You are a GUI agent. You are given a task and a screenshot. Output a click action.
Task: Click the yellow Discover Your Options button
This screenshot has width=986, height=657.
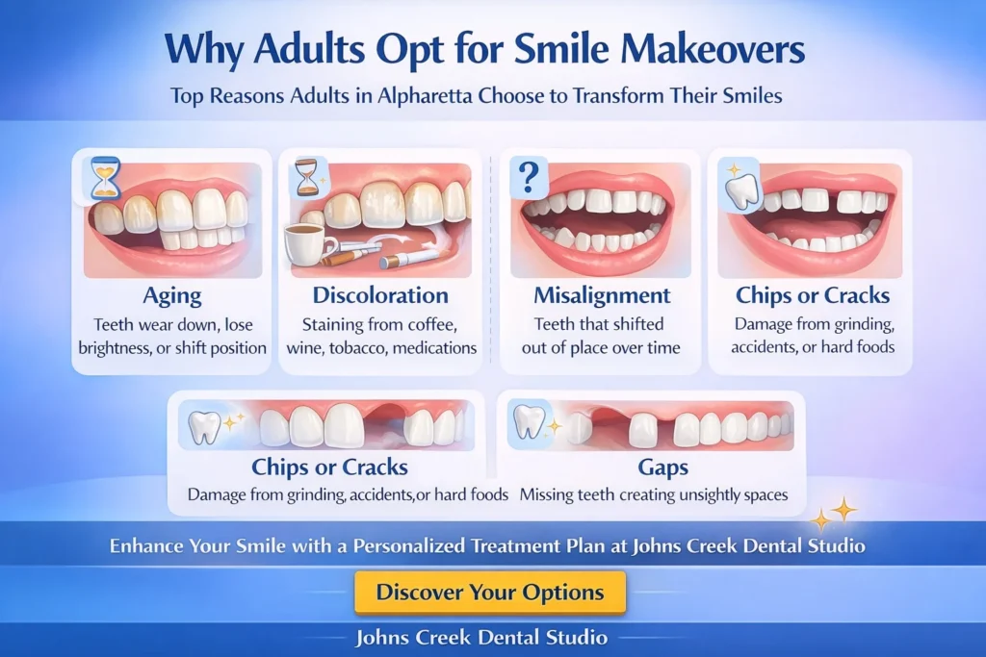click(x=490, y=592)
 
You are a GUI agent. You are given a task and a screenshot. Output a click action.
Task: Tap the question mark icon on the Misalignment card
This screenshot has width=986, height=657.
click(x=530, y=178)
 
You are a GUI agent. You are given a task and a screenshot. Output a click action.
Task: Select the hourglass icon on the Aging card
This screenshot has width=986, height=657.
click(x=105, y=178)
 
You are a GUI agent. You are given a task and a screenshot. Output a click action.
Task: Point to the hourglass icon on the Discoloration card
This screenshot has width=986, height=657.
click(x=308, y=176)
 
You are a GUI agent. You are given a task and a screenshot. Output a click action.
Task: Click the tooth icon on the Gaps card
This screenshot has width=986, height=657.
click(x=529, y=421)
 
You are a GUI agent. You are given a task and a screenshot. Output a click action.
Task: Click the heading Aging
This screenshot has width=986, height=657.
click(x=172, y=296)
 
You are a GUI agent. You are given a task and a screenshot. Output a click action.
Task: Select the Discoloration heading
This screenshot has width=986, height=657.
click(x=380, y=295)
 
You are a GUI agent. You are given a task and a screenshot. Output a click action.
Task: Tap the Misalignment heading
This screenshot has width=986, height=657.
click(x=602, y=295)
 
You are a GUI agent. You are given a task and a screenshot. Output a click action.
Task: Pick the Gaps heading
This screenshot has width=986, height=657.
click(x=662, y=467)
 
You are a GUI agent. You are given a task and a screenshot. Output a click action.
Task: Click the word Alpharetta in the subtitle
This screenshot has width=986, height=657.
click(x=425, y=96)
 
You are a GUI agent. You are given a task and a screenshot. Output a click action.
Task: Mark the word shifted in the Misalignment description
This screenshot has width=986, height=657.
click(x=634, y=324)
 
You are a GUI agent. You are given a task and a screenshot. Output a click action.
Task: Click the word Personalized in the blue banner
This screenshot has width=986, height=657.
click(x=408, y=545)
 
